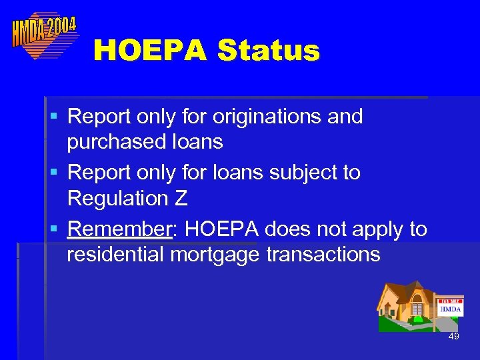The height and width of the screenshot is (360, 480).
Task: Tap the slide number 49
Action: click(x=453, y=337)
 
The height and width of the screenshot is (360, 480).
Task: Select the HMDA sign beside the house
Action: click(x=450, y=309)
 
